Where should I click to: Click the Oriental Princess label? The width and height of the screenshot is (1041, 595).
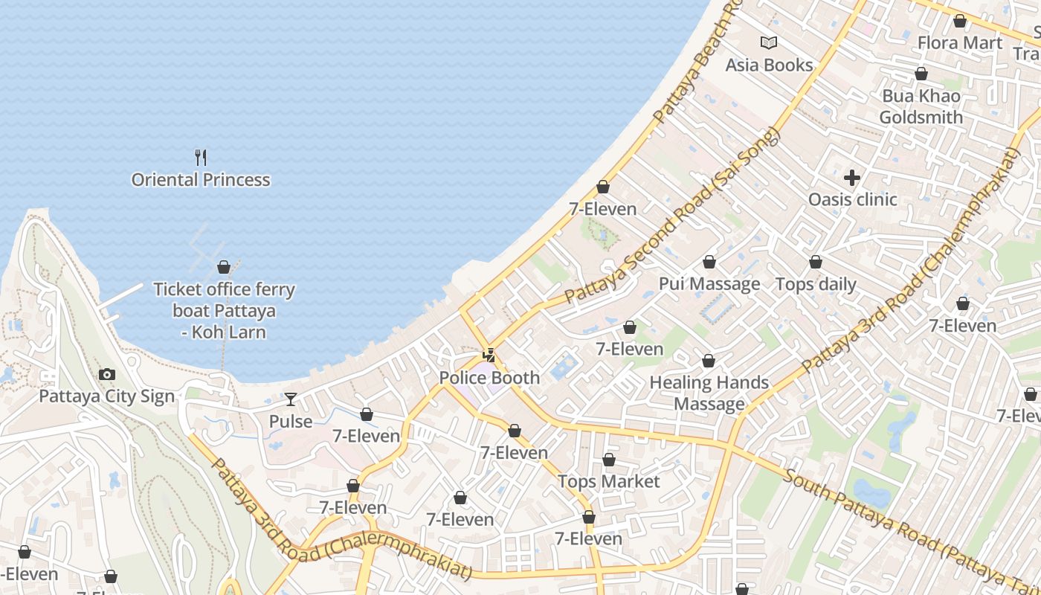click(201, 180)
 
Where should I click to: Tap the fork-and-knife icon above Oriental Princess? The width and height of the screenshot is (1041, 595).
click(201, 157)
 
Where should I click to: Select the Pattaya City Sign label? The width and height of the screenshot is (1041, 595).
click(107, 396)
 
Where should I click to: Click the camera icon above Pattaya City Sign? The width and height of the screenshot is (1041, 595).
click(107, 375)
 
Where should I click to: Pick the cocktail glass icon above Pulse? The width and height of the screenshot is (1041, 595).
click(291, 399)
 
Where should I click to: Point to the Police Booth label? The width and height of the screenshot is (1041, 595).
click(489, 378)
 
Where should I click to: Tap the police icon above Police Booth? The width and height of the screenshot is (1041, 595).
click(489, 356)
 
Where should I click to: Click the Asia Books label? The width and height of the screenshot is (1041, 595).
click(769, 65)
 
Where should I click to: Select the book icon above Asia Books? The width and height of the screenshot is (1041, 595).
click(769, 43)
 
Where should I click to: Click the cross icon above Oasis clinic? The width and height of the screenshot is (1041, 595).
click(852, 178)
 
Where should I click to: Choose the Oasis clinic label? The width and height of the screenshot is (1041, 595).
click(852, 199)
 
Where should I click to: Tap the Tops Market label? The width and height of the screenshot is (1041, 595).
click(609, 482)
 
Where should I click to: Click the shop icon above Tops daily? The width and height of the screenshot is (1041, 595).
click(816, 263)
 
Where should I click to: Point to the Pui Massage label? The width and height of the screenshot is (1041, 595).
click(709, 284)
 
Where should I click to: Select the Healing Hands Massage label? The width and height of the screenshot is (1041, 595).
click(709, 393)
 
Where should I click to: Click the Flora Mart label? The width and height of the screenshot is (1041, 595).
click(960, 43)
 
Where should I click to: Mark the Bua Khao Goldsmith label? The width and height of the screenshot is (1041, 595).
click(921, 107)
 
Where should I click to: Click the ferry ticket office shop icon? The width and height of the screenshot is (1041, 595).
click(224, 267)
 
